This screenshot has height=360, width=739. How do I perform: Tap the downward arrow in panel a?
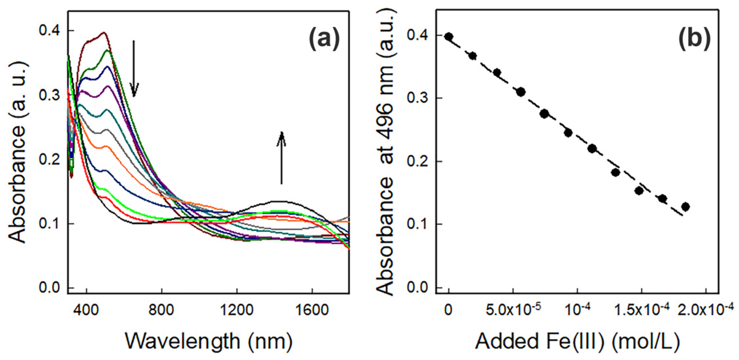(x=134, y=69)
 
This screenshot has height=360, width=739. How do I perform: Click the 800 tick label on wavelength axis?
(x=161, y=309)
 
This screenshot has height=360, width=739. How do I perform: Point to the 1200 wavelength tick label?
(x=237, y=309)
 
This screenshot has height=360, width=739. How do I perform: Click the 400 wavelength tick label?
(x=86, y=309)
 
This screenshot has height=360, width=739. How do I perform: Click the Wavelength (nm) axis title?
(x=209, y=342)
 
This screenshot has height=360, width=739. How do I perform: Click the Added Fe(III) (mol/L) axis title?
(x=577, y=342)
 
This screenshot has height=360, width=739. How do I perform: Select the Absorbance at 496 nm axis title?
(x=385, y=152)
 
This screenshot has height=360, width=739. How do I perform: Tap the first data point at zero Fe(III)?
(x=449, y=37)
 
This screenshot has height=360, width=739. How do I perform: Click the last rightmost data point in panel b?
(x=685, y=207)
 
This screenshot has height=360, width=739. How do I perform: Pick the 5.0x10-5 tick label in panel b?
(x=513, y=309)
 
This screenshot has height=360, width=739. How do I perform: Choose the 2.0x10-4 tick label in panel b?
(x=705, y=309)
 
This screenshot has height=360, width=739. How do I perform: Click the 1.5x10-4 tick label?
(x=642, y=309)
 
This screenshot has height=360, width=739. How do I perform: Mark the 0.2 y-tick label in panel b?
(x=418, y=161)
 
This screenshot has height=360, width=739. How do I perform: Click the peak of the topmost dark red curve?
(x=104, y=32)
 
